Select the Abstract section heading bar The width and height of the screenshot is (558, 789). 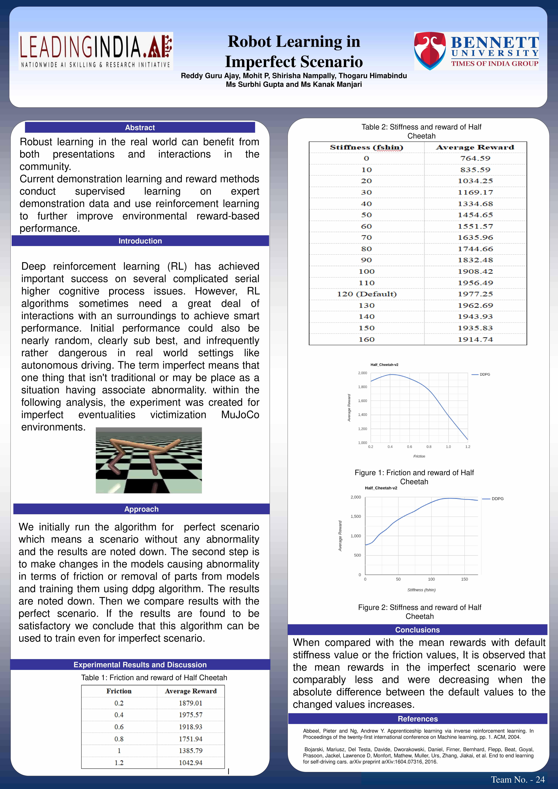(x=140, y=128)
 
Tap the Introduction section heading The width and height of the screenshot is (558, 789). (x=140, y=241)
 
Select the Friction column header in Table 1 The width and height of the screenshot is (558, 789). (x=119, y=691)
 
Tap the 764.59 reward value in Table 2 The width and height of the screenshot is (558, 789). (x=475, y=158)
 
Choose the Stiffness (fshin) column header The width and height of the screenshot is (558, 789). (x=367, y=147)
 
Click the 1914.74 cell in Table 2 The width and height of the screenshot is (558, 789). (x=475, y=340)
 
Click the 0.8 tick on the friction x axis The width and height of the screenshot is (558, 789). (x=429, y=447)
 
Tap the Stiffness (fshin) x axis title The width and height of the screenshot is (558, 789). (x=421, y=590)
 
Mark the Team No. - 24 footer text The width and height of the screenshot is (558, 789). (x=517, y=779)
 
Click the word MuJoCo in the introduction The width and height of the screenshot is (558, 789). (x=240, y=415)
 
